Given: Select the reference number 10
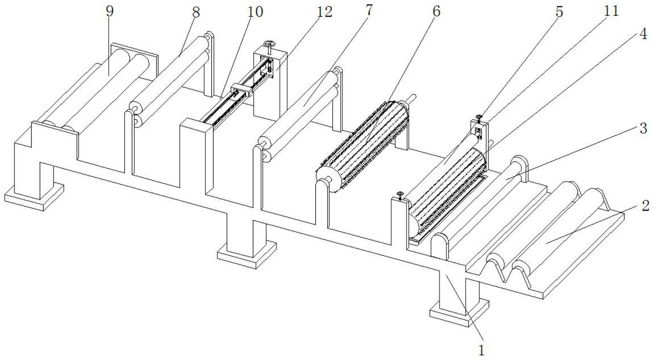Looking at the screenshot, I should [255, 12].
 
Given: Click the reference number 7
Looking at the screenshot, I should [369, 10].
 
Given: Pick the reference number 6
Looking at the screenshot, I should [436, 11].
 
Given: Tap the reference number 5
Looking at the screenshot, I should [559, 12].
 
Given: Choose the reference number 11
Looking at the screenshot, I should [609, 11].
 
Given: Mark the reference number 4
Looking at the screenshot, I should [643, 34].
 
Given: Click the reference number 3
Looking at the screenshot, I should [643, 128].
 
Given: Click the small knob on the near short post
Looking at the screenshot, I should [400, 194].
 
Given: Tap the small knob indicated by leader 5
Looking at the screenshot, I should [479, 118].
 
